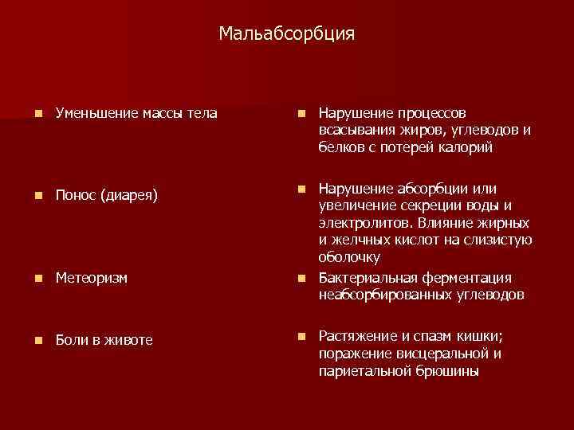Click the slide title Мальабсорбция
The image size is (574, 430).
(x=286, y=34)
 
